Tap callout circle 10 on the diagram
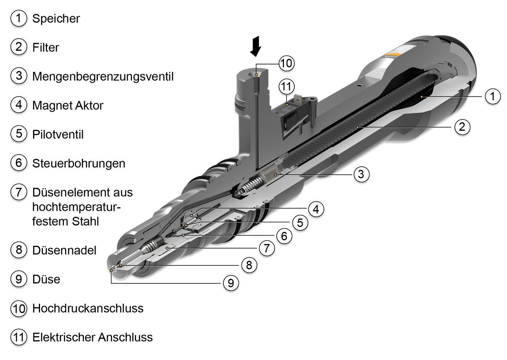point(286,63)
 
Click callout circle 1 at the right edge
point(492,96)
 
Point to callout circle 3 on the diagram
point(361,174)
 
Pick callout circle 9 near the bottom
point(231,283)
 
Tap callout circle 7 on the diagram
point(267,248)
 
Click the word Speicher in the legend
point(56,19)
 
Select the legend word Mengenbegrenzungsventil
point(103,77)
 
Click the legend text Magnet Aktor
point(68,105)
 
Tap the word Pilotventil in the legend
point(58,135)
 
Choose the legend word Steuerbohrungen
point(78,163)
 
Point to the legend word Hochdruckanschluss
point(87,309)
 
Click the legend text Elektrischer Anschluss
point(92,337)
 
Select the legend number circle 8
point(19,250)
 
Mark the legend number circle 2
point(19,47)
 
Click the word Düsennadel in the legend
point(64,251)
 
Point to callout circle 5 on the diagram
point(300,222)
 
